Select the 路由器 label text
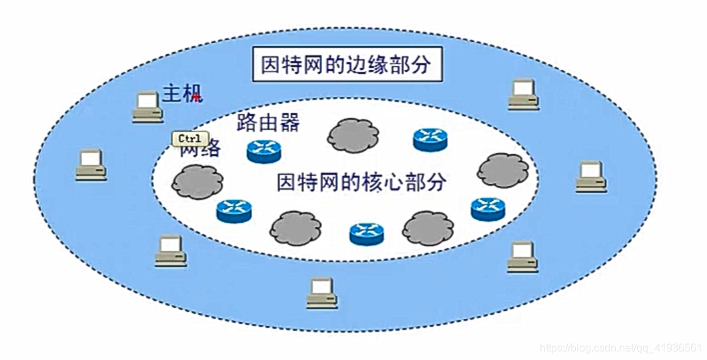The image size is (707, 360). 268,123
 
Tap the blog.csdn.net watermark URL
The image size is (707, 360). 621,348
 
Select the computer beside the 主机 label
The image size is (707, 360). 147,107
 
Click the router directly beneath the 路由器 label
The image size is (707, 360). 264,151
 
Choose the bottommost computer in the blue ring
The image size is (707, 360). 322,293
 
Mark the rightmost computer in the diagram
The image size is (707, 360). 591,177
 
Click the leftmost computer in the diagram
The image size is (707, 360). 91,165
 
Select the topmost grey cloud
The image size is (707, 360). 353,135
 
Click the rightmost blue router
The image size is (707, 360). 488,209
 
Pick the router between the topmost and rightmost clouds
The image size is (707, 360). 430,139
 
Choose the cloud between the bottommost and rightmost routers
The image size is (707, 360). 428,228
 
